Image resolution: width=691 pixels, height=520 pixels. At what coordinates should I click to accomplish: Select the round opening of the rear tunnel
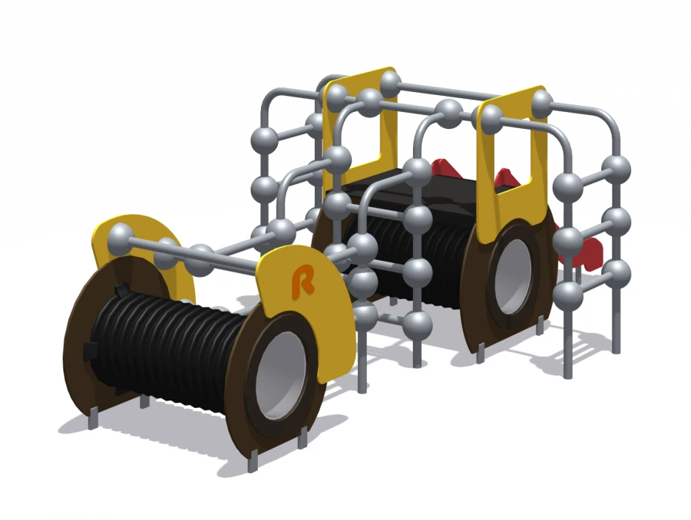(x=517, y=278)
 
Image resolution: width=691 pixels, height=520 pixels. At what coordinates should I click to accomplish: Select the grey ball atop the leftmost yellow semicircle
(x=121, y=235)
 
